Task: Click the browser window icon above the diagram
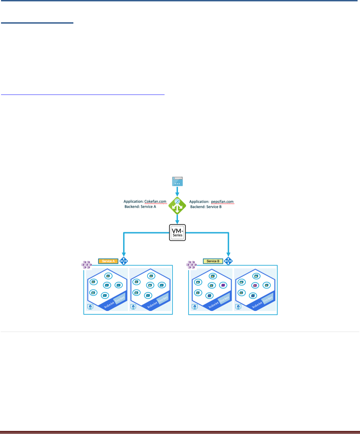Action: tap(177, 182)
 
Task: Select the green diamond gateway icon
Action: tap(177, 206)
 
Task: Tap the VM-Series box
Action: tap(178, 233)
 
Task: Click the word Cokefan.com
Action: tap(155, 202)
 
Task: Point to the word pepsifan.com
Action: tap(222, 202)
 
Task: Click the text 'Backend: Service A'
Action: tap(140, 207)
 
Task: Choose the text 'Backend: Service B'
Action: tap(206, 207)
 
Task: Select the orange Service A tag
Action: tap(108, 261)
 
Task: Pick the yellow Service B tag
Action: tap(213, 261)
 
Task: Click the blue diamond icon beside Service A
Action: tap(123, 261)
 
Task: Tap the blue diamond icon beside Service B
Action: tap(228, 261)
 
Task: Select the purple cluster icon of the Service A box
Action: tap(86, 264)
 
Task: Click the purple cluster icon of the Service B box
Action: tap(191, 264)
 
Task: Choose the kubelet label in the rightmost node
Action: tap(257, 303)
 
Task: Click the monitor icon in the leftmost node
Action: tap(90, 307)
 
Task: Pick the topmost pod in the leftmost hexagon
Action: tap(108, 276)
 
